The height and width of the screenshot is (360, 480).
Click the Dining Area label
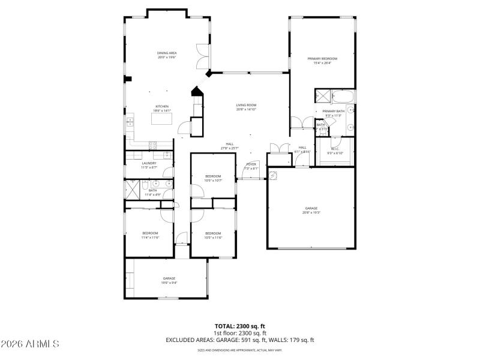pos(166,53)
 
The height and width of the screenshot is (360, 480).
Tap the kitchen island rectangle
pos(161,119)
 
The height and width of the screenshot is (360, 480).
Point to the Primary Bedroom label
pos(322,59)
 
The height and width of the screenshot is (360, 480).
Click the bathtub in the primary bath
pos(343,97)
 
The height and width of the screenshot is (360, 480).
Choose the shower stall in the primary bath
pos(322,97)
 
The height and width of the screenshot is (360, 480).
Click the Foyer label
pos(251,164)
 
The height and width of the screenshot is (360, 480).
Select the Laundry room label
pos(149,163)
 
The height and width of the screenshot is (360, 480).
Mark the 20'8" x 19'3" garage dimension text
pos(311,212)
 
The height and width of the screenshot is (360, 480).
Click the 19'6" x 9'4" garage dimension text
pos(169,283)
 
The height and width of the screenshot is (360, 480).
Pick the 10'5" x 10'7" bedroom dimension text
pos(213,180)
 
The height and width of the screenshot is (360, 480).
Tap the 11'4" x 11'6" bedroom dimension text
pos(149,237)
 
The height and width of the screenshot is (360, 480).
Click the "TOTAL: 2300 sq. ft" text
pos(239,326)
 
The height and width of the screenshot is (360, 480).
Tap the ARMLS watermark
pos(30,344)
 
